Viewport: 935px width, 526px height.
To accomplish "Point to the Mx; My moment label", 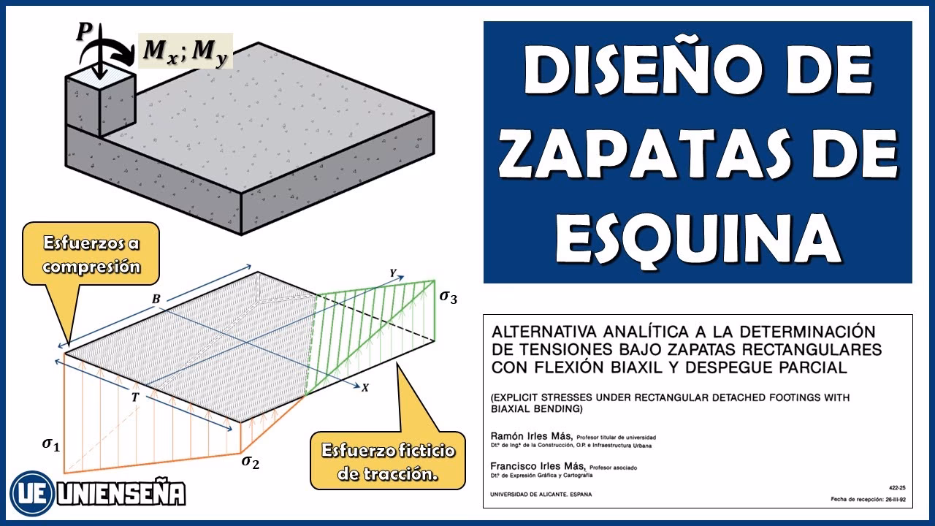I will [x=185, y=51].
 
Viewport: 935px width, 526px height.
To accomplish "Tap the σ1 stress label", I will [x=50, y=443].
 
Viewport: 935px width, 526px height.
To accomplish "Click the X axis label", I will [x=365, y=388].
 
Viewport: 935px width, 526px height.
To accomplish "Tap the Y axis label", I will [x=392, y=272].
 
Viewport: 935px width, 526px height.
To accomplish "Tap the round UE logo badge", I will [x=30, y=493].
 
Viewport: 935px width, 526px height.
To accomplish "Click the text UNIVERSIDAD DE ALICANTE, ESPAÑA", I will [x=542, y=494].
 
